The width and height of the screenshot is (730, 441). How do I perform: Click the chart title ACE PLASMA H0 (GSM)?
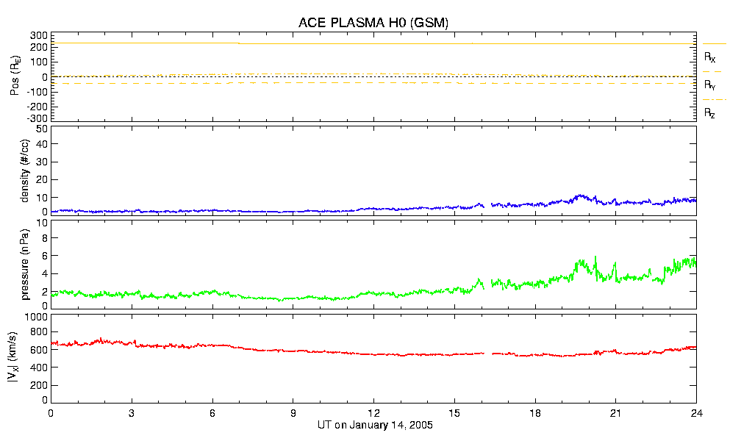coord(373,23)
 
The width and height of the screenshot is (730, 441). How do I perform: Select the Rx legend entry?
coord(710,57)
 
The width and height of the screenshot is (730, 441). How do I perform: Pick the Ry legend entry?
coord(710,85)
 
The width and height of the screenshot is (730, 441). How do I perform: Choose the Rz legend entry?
coord(710,113)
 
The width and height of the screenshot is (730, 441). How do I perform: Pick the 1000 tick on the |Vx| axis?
coord(36,317)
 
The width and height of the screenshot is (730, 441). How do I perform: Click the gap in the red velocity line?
coord(488,354)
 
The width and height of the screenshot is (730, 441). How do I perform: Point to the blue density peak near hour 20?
coord(581,196)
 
